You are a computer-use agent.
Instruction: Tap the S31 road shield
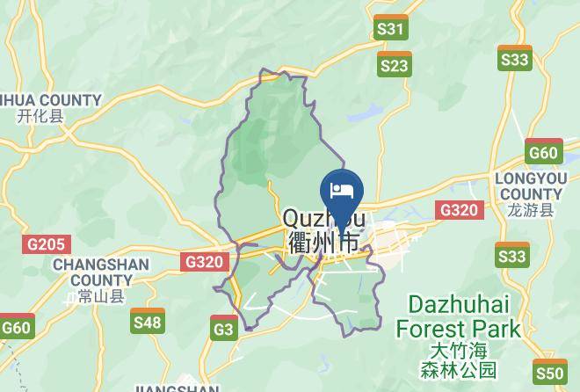390,28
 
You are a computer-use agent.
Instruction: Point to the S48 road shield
147,322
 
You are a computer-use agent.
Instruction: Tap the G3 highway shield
224,330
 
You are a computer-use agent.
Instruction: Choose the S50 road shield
549,373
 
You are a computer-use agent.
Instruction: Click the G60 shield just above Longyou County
543,152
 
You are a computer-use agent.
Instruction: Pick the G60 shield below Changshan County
16,327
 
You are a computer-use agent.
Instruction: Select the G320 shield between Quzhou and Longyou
459,209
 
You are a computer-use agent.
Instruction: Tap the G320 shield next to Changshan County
206,261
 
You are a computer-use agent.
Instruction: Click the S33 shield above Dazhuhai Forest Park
511,255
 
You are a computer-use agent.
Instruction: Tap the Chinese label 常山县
101,296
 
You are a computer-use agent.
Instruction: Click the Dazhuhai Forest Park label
458,317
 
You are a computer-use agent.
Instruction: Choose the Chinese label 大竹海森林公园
458,359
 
